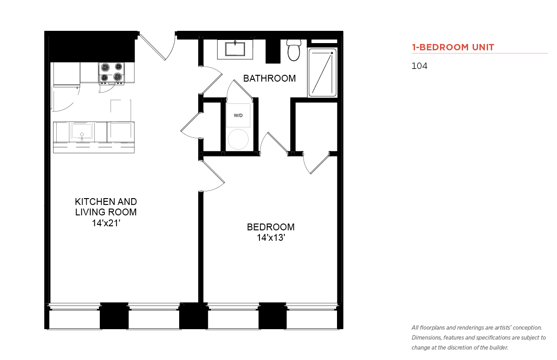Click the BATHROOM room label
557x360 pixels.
(269, 78)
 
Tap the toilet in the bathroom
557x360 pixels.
(293, 50)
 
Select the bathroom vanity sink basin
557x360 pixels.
(235, 49)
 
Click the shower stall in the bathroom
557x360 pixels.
(322, 73)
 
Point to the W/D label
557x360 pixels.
(238, 115)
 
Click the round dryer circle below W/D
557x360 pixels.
(238, 139)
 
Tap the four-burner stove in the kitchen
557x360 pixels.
(112, 73)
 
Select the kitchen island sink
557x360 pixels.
(82, 131)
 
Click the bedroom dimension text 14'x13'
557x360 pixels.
(271, 238)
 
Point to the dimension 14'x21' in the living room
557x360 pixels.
(106, 223)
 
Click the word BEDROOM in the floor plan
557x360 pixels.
(271, 227)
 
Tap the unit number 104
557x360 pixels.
(420, 66)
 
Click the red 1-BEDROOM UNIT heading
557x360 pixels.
(453, 47)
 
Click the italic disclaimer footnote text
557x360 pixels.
(479, 337)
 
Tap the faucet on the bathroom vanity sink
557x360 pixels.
(235, 43)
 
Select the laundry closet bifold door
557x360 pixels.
(243, 89)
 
